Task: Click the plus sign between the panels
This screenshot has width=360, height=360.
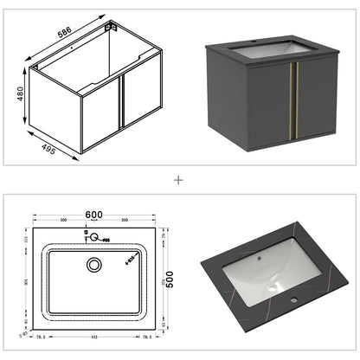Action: (x=179, y=180)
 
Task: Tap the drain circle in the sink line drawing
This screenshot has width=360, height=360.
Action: (x=93, y=266)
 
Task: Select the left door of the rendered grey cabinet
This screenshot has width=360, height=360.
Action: (x=266, y=104)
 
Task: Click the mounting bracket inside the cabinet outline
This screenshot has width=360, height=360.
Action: (x=111, y=29)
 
